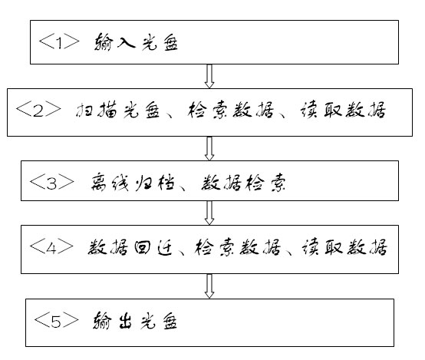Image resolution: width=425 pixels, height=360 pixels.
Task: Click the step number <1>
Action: click(x=59, y=42)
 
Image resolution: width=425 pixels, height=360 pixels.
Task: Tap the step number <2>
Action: click(x=38, y=110)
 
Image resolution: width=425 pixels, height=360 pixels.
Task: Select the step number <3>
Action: click(x=51, y=183)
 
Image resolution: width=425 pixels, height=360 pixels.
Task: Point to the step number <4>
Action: click(x=51, y=247)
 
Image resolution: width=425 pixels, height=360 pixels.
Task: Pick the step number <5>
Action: click(x=56, y=320)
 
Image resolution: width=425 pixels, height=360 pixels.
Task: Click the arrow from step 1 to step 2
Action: click(x=209, y=76)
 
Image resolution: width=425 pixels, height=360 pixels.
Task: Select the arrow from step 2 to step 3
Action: click(x=209, y=148)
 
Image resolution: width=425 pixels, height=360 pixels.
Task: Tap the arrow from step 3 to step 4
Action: click(x=209, y=213)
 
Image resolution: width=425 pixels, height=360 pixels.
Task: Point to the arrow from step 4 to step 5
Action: click(x=209, y=286)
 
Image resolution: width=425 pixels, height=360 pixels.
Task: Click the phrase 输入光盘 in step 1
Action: click(x=136, y=42)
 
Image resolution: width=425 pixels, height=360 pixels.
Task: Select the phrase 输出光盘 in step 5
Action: click(x=135, y=321)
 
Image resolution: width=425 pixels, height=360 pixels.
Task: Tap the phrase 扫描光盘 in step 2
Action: click(x=117, y=110)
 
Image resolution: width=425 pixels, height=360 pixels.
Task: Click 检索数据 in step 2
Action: click(x=230, y=110)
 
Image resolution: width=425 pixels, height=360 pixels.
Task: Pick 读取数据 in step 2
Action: click(x=343, y=110)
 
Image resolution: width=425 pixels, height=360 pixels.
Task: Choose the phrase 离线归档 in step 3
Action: click(x=133, y=183)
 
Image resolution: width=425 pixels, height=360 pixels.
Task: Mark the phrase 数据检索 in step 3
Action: click(x=243, y=183)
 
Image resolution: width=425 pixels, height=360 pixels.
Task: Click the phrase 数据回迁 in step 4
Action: click(x=130, y=247)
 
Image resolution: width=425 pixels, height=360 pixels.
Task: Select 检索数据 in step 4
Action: click(x=238, y=247)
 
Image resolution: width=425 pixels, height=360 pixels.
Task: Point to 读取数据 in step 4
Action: click(x=344, y=247)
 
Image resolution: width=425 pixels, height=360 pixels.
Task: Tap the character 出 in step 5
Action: click(x=125, y=321)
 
